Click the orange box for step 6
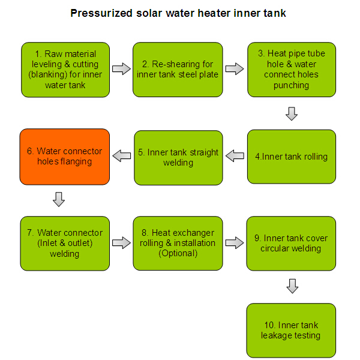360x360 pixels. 65,157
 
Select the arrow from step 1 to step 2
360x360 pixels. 121,68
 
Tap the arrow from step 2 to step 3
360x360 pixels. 235,68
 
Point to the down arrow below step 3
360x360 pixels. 292,113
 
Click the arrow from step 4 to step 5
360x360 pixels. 235,155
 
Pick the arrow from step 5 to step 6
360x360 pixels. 122,155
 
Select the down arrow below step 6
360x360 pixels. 59,199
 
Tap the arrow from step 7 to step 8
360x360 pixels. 121,242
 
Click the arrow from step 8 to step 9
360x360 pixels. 235,242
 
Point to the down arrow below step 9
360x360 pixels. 292,286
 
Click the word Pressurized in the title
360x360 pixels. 101,13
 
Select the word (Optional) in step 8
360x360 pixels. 178,253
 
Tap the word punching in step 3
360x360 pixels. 291,85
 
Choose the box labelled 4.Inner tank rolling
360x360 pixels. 292,157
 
